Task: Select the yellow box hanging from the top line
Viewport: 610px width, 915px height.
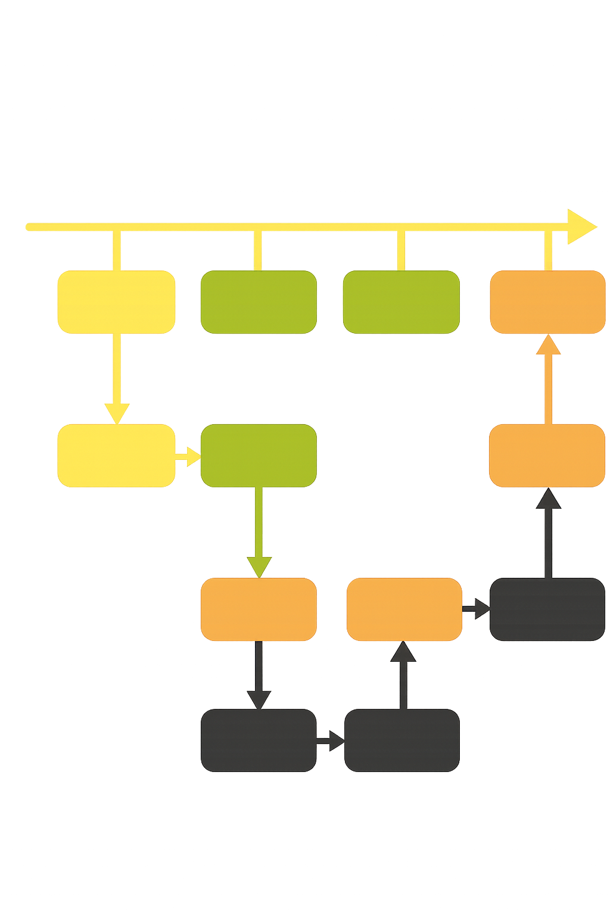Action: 117,302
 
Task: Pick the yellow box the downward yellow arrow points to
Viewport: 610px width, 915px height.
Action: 117,455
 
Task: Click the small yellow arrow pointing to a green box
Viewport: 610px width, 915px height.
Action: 189,456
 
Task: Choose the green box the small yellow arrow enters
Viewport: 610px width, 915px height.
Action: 259,455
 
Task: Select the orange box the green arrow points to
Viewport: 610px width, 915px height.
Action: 259,609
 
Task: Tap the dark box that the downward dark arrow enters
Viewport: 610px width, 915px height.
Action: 259,740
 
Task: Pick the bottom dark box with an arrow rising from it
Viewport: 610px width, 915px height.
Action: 402,740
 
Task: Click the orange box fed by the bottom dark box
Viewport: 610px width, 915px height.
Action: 404,609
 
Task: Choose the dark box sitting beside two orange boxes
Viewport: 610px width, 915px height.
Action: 547,609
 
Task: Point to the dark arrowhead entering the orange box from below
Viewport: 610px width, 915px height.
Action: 548,499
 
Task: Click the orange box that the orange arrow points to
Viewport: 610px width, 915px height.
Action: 547,301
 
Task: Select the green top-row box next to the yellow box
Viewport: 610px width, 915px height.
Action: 259,302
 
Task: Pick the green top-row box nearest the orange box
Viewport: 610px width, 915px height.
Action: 402,302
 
